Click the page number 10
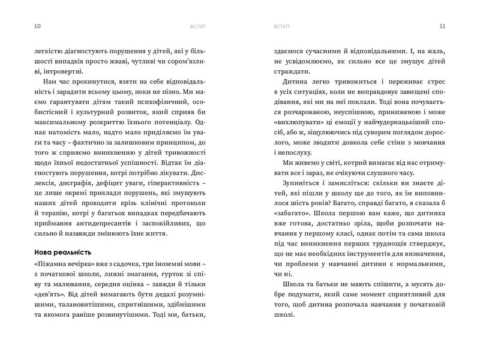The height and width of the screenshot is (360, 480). [x=22, y=26]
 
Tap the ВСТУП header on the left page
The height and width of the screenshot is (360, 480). [x=196, y=26]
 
